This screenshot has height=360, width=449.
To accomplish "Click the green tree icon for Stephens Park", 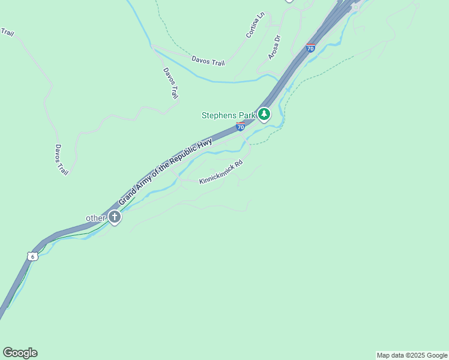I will coord(264,114).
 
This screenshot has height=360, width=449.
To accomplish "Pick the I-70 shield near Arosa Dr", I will coord(310,47).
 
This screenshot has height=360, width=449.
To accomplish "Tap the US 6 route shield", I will coord(32,256).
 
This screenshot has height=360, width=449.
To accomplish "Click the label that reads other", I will coord(95,218).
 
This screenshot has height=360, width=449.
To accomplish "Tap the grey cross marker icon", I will coord(115,218).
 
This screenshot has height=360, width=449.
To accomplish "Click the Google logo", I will coord(20,353).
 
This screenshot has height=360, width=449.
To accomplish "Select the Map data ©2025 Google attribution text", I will coord(412,355).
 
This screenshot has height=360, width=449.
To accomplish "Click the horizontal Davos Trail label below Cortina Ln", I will coord(208,61).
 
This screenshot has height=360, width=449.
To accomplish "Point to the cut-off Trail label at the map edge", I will coord(7,32).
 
